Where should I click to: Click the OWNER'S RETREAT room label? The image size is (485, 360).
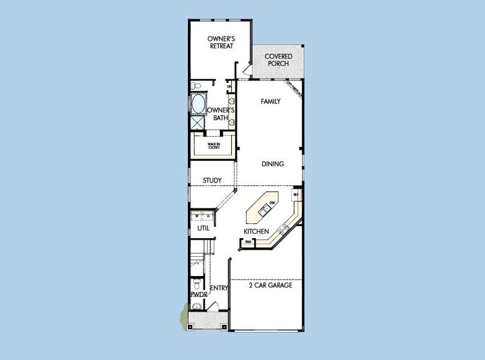coord(220,43)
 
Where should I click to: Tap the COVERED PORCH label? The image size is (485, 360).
coord(279,60)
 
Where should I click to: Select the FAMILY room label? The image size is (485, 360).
coord(271,102)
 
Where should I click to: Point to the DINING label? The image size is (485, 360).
coord(273,164)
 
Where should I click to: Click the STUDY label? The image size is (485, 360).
coord(212,181)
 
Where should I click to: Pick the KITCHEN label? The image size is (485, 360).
coord(256,232)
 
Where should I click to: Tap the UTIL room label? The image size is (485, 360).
coord(203,229)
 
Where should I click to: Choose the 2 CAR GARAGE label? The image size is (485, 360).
coord(270,286)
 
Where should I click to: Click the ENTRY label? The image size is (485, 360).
coord(219,289)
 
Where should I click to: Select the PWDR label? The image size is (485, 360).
coord(199,295)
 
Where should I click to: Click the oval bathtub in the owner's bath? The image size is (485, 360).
coord(197,104)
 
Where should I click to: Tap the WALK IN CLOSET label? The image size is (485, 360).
coord(214,145)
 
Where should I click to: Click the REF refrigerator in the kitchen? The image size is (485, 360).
coord(295,195)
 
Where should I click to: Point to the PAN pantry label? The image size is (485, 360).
coord(247,242)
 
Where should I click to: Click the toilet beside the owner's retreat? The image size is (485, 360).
coord(197,86)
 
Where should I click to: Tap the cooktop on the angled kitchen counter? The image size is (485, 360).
coord(284,228)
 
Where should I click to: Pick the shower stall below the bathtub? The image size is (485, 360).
coord(197,123)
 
